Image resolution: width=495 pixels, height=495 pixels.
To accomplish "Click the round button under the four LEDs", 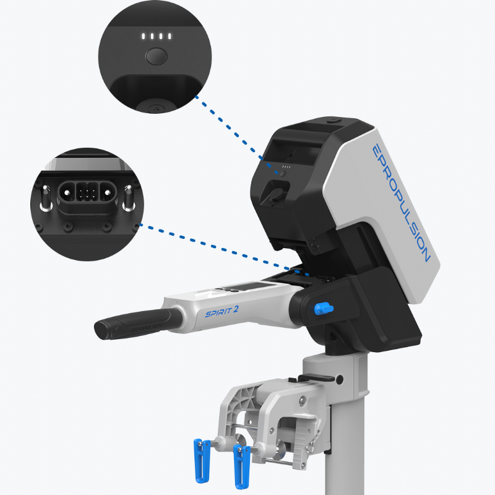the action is click(x=156, y=56).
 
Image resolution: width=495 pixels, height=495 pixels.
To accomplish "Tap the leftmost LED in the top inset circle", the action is click(x=144, y=37).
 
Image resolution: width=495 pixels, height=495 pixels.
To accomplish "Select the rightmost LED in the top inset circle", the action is click(x=170, y=37).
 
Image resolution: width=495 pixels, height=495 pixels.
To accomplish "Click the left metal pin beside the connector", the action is click(x=46, y=198).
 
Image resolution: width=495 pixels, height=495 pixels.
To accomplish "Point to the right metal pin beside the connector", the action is click(x=129, y=198).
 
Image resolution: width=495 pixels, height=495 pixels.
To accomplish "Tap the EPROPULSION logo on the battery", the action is click(x=400, y=203).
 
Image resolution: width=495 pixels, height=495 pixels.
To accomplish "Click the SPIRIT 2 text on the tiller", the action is click(x=222, y=312).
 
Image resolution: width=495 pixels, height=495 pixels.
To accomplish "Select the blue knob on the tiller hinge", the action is click(x=323, y=308).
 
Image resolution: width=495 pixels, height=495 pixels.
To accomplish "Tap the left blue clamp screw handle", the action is click(x=202, y=460).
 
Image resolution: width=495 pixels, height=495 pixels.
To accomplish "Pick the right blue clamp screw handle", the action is click(x=241, y=466).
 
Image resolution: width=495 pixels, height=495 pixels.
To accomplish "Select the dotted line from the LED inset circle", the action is click(x=237, y=136).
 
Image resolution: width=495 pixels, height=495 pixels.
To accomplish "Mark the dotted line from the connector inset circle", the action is click(x=224, y=250).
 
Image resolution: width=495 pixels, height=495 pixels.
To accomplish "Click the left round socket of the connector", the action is click(x=67, y=192).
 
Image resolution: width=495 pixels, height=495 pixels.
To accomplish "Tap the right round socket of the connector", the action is click(x=108, y=192).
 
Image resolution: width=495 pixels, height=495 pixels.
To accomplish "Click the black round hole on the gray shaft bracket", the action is click(x=339, y=379).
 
